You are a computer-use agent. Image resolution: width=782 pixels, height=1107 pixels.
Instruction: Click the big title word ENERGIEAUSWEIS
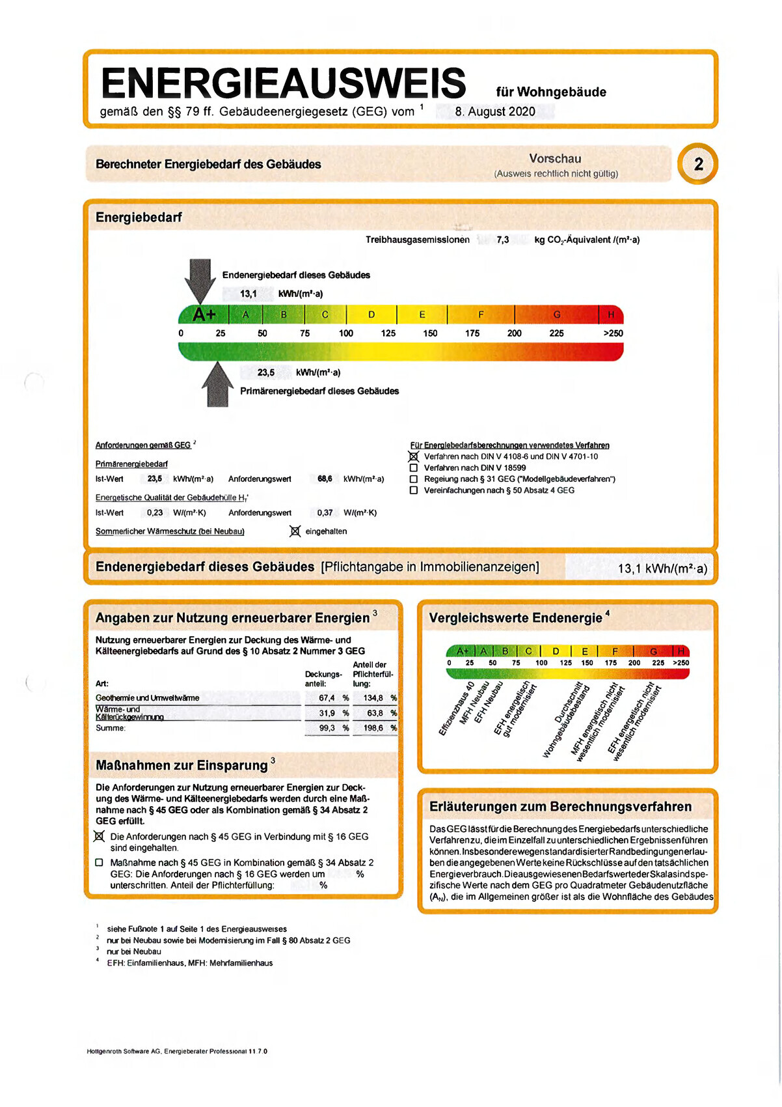[x=283, y=83]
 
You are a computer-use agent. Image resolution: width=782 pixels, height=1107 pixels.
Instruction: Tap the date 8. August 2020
[x=495, y=111]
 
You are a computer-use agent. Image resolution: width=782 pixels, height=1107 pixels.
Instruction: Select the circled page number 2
[x=698, y=164]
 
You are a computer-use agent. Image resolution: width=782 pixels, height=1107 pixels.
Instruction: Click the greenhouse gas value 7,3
[x=503, y=240]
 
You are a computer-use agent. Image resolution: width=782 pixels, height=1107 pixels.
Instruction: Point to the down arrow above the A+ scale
[x=200, y=279]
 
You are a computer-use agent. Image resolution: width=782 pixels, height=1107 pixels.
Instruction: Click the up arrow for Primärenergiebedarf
[x=217, y=385]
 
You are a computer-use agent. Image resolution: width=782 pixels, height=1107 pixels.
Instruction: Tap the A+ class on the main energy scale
[x=204, y=315]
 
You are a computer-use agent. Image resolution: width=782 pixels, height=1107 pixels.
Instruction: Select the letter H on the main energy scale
[x=611, y=315]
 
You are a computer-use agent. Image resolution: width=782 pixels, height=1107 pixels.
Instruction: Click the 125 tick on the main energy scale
[x=388, y=333]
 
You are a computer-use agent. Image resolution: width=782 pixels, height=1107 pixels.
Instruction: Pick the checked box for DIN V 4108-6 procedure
[x=413, y=456]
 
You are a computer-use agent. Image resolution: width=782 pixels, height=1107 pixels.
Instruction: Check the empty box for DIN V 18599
[x=413, y=468]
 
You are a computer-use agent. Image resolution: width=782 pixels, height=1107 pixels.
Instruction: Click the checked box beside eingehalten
[x=295, y=531]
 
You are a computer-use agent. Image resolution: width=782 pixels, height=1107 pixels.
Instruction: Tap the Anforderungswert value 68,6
[x=325, y=479]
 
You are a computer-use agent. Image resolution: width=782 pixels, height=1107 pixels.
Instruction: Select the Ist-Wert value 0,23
[x=155, y=512]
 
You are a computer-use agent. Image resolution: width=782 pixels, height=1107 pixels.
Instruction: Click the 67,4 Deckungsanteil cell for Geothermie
[x=327, y=698]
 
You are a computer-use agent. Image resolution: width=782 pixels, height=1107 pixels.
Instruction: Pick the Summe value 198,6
[x=373, y=728]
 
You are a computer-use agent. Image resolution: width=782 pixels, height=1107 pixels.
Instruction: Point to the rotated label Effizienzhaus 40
[x=457, y=708]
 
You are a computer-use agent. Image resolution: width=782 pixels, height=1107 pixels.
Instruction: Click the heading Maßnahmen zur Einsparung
[x=182, y=765]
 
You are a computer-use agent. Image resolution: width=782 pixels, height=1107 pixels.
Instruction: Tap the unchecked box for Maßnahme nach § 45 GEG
[x=99, y=863]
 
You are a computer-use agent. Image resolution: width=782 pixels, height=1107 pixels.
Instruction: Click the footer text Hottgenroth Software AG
[x=123, y=1051]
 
